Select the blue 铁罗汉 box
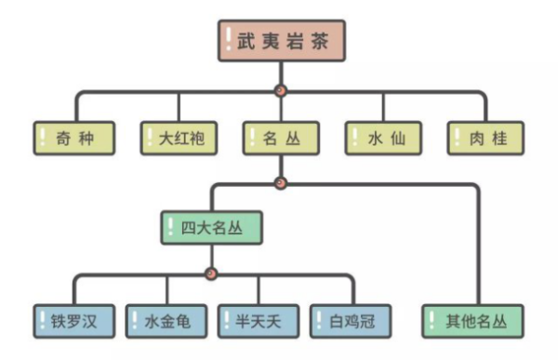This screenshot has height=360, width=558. coord(75,321)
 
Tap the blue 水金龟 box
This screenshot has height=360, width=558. coord(166,321)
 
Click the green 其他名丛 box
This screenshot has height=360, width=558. coord(474,321)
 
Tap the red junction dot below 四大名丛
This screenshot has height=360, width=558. coord(211,273)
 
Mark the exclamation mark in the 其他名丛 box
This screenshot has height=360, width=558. coord(432,321)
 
